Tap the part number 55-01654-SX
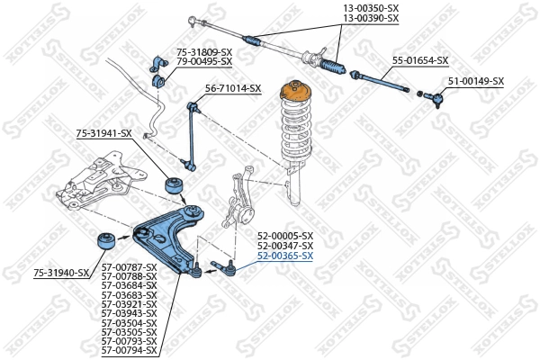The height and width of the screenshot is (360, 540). point(419,60)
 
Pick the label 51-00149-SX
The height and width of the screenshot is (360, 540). point(476,81)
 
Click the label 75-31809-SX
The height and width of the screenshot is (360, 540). point(204,52)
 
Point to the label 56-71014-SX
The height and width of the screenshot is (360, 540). point(233,88)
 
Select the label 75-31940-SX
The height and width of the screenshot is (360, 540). point(61,272)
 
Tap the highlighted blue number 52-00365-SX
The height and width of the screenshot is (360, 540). point(285,256)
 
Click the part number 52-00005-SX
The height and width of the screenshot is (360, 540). point(285,236)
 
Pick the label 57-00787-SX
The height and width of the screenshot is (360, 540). point(129,267)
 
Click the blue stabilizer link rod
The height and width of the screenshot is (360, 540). point(191,135)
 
